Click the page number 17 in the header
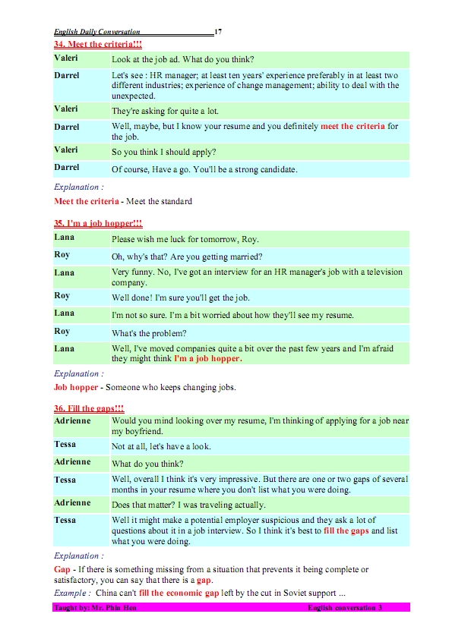pyautogui.click(x=218, y=32)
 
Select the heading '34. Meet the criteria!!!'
pyautogui.click(x=98, y=46)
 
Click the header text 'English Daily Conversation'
pyautogui.click(x=97, y=32)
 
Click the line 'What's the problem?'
pyautogui.click(x=149, y=332)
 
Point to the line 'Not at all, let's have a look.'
pyautogui.click(x=161, y=446)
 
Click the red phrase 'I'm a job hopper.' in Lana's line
pyautogui.click(x=207, y=358)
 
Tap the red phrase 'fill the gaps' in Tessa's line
pyautogui.click(x=346, y=530)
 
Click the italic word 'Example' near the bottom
pyautogui.click(x=71, y=592)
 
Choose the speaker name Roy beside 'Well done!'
pyautogui.click(x=62, y=296)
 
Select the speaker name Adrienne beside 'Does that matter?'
pyautogui.click(x=73, y=502)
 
